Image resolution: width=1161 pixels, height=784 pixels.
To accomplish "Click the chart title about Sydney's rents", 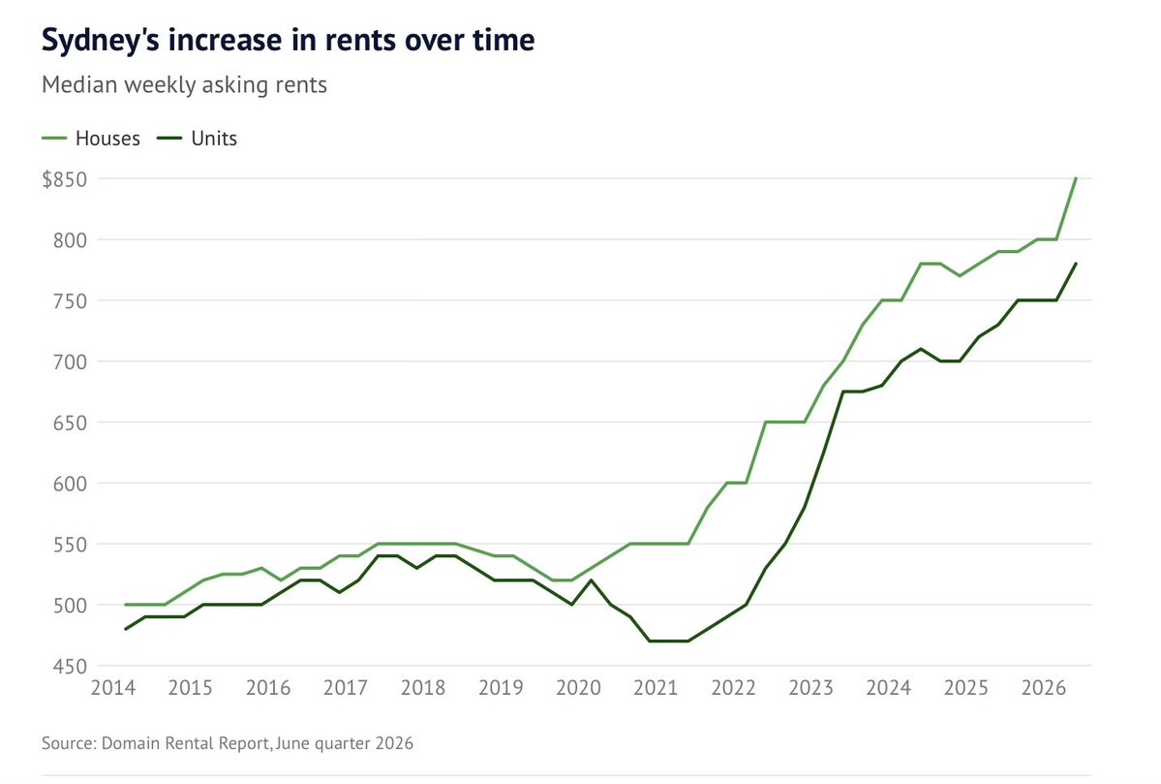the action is (288, 40).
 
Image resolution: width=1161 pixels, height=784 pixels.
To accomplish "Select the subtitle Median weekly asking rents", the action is (184, 84).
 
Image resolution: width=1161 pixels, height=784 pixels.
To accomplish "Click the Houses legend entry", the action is (91, 139).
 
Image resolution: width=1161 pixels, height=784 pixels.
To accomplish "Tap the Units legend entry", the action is (198, 139).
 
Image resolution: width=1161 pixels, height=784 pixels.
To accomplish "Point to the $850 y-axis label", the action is (65, 179).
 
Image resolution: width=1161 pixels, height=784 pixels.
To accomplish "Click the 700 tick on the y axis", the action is (70, 361).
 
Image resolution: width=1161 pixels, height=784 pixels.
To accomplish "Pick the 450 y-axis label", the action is (70, 666).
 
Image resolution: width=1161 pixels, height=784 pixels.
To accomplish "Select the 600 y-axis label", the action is (70, 484).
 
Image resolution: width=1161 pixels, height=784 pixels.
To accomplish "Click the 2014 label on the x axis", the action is (113, 688).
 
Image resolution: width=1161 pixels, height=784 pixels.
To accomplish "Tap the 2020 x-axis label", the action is (578, 688).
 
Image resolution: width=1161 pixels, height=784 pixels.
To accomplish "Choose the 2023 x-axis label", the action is (810, 688).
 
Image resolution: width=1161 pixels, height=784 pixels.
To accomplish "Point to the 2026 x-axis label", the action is (1043, 688).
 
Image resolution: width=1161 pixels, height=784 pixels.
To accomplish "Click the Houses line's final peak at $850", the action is (1075, 178).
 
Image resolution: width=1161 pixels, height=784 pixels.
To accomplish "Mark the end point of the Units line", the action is (1075, 264).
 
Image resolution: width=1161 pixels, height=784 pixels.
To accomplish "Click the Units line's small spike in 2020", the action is (591, 580).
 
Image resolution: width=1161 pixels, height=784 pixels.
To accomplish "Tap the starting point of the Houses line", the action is (126, 605).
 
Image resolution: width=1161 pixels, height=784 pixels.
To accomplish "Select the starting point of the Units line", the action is (126, 629).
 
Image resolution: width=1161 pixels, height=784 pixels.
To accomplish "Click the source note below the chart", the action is (228, 742).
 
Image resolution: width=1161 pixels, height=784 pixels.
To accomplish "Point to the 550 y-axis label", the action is (70, 544).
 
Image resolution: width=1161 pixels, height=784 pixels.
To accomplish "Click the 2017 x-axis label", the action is (346, 688).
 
